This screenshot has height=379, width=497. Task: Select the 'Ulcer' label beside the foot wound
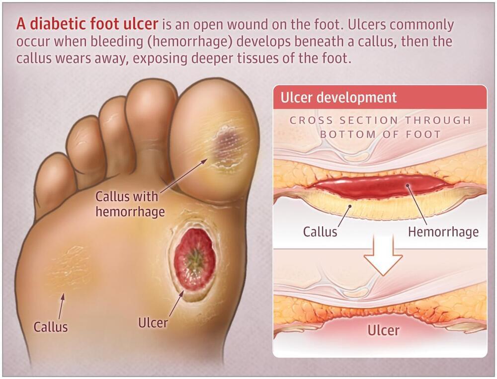153,323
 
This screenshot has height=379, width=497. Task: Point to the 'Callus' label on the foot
51,327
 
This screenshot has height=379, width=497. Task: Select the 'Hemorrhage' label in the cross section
443,231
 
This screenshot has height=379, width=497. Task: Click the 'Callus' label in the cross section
320,231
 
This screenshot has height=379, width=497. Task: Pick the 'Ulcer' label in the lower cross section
383,330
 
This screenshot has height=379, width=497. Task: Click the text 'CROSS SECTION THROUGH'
380,120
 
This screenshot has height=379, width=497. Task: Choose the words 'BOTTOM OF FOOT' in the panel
380,134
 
